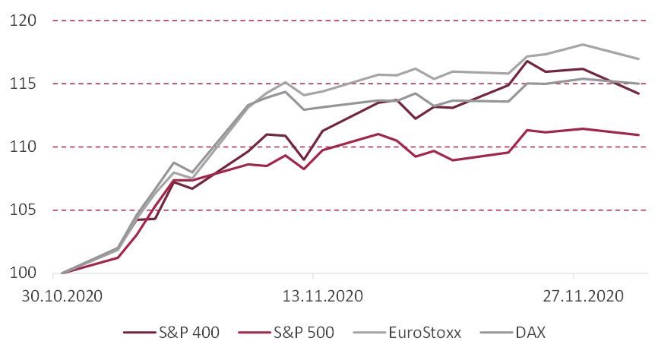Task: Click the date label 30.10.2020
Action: click(62, 295)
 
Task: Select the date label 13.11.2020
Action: click(314, 295)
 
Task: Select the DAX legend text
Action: click(530, 332)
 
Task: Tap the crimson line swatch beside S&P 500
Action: click(253, 333)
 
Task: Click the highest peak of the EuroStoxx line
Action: click(582, 44)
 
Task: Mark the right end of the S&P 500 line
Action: click(638, 134)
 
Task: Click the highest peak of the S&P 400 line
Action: click(527, 61)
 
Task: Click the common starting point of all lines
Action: click(62, 273)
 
